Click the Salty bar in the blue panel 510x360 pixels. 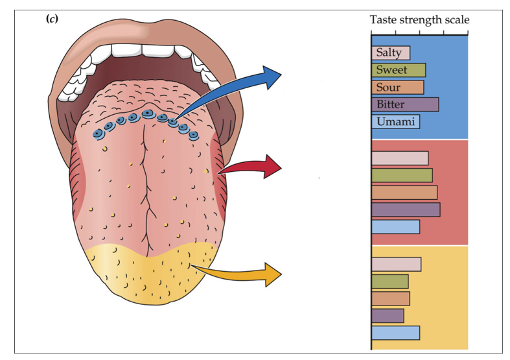(x=390, y=53)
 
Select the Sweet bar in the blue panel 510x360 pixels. (x=398, y=70)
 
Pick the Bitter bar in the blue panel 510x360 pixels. (x=404, y=104)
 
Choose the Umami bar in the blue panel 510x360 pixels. (x=395, y=121)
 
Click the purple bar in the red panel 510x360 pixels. (x=405, y=210)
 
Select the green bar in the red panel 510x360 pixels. (x=401, y=175)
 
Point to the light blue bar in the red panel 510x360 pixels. (x=395, y=226)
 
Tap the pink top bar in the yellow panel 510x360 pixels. (x=396, y=264)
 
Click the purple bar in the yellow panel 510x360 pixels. (x=388, y=315)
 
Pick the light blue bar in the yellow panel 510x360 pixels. (x=395, y=333)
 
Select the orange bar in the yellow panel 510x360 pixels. (x=390, y=298)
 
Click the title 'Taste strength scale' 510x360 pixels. (x=419, y=20)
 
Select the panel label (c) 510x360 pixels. (x=52, y=19)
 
